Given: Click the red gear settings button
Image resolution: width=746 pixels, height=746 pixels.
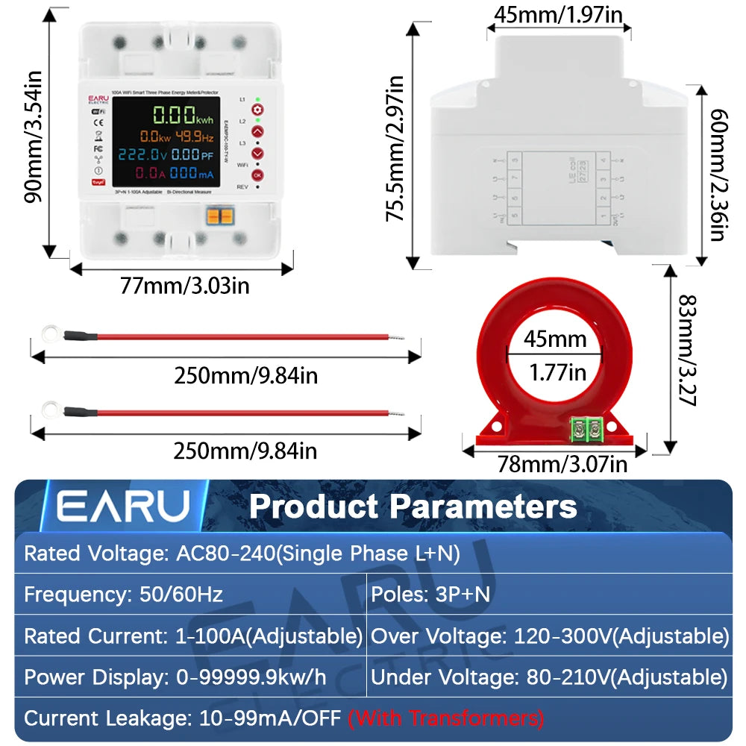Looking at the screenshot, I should click(x=257, y=110).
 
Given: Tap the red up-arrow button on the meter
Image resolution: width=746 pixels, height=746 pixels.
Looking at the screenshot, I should click(x=257, y=132).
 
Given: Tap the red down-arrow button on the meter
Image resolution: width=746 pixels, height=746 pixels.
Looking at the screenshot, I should click(x=257, y=153).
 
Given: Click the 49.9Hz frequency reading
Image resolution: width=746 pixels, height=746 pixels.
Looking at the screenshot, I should click(x=193, y=137).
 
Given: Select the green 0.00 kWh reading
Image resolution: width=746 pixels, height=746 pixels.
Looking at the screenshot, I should click(x=183, y=116).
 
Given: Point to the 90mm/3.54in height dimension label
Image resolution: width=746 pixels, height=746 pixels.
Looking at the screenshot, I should click(x=33, y=137).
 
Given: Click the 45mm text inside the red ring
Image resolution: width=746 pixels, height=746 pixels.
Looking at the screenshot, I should click(x=555, y=340).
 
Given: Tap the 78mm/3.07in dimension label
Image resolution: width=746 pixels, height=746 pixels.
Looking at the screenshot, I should click(x=562, y=465).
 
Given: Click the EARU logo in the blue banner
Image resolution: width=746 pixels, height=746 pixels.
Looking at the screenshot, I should click(x=124, y=507).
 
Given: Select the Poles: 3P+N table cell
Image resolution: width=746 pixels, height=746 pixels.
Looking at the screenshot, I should click(x=548, y=595).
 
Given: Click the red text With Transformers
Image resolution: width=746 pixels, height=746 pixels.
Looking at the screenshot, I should click(x=446, y=718).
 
